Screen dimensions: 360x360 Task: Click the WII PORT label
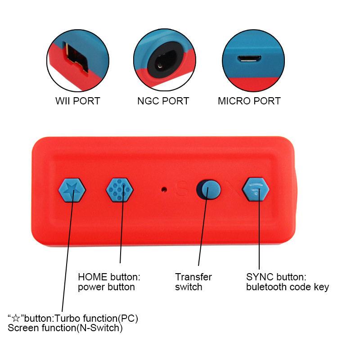[77, 101]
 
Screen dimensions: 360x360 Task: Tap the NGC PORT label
[163, 101]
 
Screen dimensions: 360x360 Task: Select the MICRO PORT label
[249, 101]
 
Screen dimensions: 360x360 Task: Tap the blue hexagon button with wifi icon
[256, 189]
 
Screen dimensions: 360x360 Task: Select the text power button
[106, 287]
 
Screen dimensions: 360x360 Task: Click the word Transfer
[193, 277]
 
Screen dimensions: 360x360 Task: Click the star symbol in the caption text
[17, 319]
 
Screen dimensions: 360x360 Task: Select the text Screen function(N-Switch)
[65, 328]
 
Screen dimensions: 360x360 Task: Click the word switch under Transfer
[189, 287]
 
